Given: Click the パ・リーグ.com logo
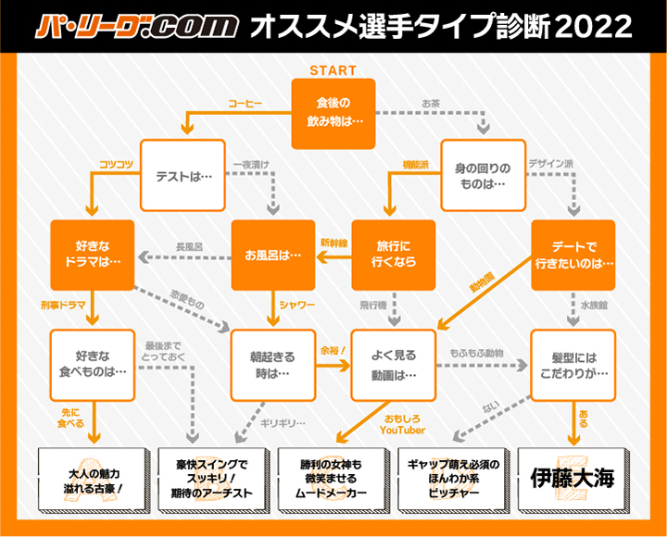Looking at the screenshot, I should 137,27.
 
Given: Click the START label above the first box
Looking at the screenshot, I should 333,70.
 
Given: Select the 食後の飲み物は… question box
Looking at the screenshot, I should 333,113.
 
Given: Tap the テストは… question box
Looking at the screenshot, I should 182,174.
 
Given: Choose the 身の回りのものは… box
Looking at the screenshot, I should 483,174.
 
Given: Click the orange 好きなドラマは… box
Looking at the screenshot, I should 93,255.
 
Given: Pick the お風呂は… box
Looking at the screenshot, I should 273,255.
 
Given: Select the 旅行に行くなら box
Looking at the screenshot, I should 394,255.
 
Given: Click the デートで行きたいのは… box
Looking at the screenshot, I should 573,255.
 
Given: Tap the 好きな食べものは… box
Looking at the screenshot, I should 93,364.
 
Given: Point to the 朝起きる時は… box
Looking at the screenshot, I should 273,364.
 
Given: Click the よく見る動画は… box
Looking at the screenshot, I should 394,364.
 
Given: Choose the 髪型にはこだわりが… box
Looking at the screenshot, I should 573,364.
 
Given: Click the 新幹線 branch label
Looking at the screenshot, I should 333,243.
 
